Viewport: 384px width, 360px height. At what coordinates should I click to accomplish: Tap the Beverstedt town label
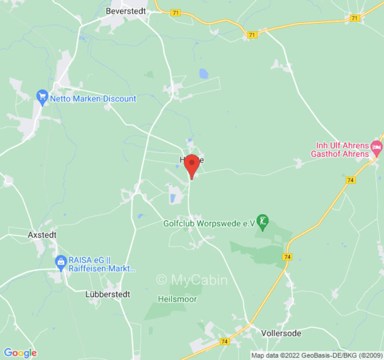(126, 11)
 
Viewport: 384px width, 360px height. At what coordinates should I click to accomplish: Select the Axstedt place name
(42, 235)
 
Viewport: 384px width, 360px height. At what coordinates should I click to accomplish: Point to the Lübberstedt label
(108, 294)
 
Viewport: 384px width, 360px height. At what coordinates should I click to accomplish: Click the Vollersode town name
(281, 333)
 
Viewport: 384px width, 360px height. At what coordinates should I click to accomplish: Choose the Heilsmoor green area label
(177, 299)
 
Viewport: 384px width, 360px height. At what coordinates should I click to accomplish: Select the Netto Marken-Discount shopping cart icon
(42, 96)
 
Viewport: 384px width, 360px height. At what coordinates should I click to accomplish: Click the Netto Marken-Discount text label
(93, 99)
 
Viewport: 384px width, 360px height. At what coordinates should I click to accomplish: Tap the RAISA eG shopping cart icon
(61, 261)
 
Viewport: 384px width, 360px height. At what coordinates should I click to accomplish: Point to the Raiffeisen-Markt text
(102, 269)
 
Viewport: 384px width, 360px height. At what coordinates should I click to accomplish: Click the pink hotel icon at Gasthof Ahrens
(376, 147)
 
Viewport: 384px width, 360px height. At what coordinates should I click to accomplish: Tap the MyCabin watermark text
(192, 280)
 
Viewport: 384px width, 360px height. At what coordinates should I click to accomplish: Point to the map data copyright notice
(316, 355)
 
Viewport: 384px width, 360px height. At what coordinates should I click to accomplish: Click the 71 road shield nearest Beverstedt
(176, 13)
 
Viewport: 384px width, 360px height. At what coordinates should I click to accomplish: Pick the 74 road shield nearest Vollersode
(224, 342)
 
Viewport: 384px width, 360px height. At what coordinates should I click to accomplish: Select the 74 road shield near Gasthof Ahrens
(350, 180)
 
